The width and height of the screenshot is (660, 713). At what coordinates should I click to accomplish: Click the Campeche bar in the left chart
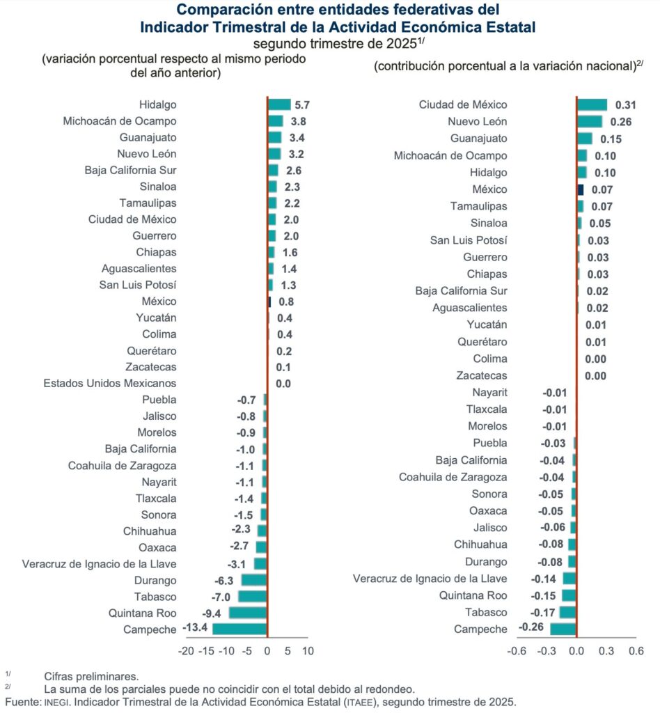[x=239, y=629]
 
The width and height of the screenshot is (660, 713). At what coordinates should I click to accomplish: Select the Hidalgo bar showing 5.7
[x=279, y=104]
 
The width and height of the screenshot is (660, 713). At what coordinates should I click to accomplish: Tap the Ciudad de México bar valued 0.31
[x=592, y=104]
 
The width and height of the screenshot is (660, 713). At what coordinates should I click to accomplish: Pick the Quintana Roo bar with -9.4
[x=248, y=613]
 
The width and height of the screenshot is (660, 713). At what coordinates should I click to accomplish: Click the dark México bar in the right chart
[x=581, y=189]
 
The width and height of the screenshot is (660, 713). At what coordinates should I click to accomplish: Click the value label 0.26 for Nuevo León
[x=620, y=122]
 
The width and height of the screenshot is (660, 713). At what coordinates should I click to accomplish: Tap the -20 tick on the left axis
[x=186, y=652]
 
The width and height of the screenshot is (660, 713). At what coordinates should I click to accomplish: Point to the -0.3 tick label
[x=547, y=652]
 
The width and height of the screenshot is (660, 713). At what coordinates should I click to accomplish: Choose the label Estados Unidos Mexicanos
[x=110, y=384]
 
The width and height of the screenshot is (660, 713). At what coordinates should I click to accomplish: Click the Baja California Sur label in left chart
[x=130, y=170]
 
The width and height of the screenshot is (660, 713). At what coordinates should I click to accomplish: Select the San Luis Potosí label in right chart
[x=469, y=240]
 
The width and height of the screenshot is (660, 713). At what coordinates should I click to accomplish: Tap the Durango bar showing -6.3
[x=254, y=580]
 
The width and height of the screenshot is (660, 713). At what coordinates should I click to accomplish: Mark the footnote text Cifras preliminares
[x=91, y=676]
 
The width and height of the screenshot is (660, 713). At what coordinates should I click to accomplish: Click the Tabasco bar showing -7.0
[x=253, y=597]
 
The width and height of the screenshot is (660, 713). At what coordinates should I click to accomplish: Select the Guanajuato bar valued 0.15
[x=585, y=139]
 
